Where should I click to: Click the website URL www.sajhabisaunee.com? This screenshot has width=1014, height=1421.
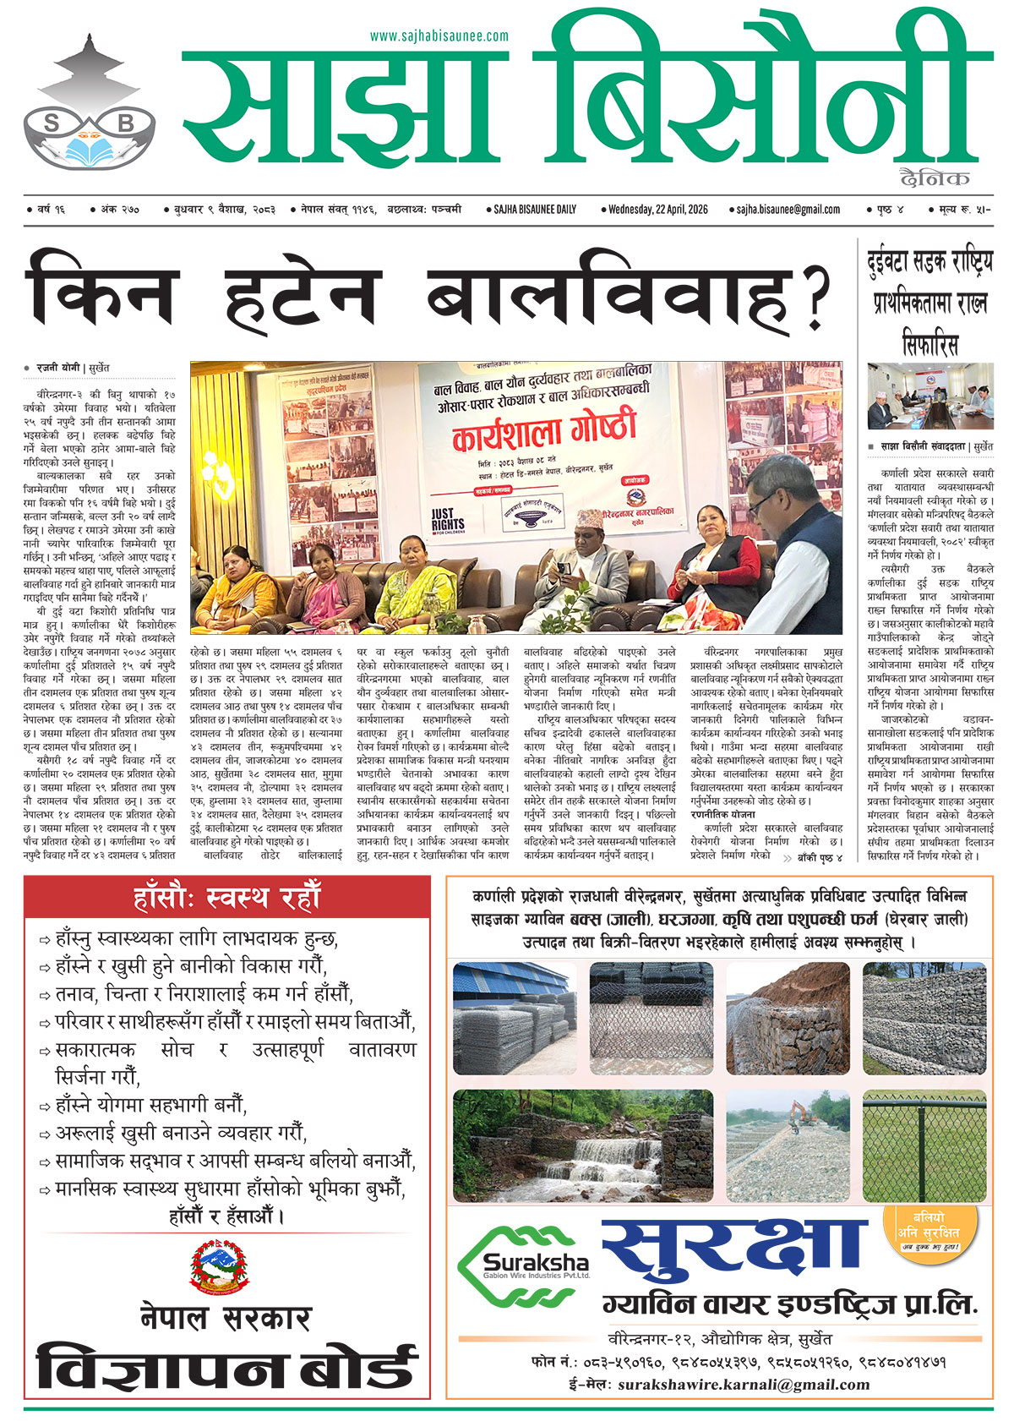pos(439,36)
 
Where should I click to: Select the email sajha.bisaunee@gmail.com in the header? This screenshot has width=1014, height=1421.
pos(788,209)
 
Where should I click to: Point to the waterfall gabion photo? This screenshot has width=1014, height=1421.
pos(582,1145)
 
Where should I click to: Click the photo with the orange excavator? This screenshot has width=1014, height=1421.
pos(788,1145)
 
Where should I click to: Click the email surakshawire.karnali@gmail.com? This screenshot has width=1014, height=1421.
pos(744,1384)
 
